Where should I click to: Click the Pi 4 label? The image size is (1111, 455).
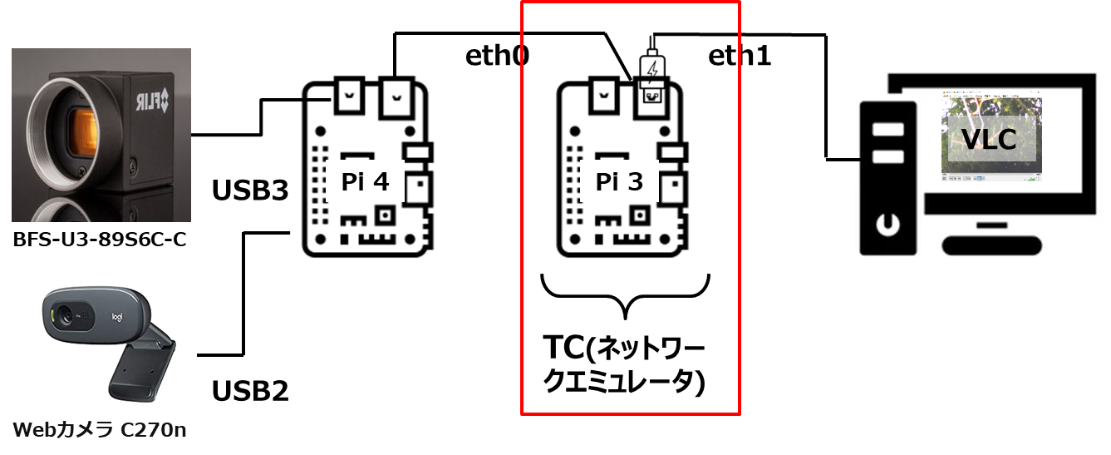click(x=365, y=181)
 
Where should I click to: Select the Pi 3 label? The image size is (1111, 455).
click(x=619, y=181)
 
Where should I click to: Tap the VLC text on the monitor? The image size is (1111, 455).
click(x=988, y=139)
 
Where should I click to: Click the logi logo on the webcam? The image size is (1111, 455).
click(x=116, y=317)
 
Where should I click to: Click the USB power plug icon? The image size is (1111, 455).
click(x=653, y=71)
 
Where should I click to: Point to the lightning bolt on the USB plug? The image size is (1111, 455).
click(x=654, y=65)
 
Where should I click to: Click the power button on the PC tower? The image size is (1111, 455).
click(x=888, y=224)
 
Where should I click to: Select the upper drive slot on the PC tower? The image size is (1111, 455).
click(x=888, y=130)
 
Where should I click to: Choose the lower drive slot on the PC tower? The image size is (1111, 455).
click(x=888, y=156)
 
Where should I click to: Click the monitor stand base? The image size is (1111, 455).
click(x=992, y=245)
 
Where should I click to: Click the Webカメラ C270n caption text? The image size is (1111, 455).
click(x=100, y=431)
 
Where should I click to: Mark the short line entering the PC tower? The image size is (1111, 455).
click(x=852, y=158)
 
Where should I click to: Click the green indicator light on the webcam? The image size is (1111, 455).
click(x=52, y=315)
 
